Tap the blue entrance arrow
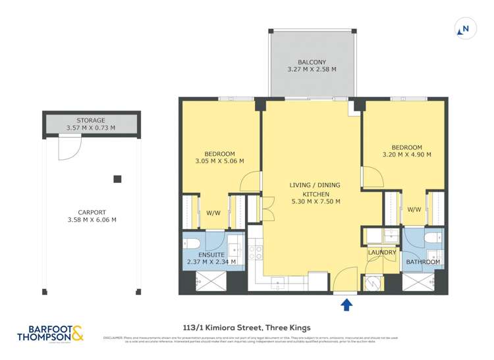[347, 303]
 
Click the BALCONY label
[312, 63]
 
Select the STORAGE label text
[90, 120]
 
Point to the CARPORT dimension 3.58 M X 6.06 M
[92, 220]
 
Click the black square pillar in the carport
[117, 178]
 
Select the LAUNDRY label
[381, 252]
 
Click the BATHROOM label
[422, 262]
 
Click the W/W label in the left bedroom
[213, 213]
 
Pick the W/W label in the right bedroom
[414, 209]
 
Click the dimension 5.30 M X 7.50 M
[315, 202]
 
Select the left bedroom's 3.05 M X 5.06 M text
[220, 161]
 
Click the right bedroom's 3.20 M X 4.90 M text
[406, 155]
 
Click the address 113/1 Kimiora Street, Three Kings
[246, 327]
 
